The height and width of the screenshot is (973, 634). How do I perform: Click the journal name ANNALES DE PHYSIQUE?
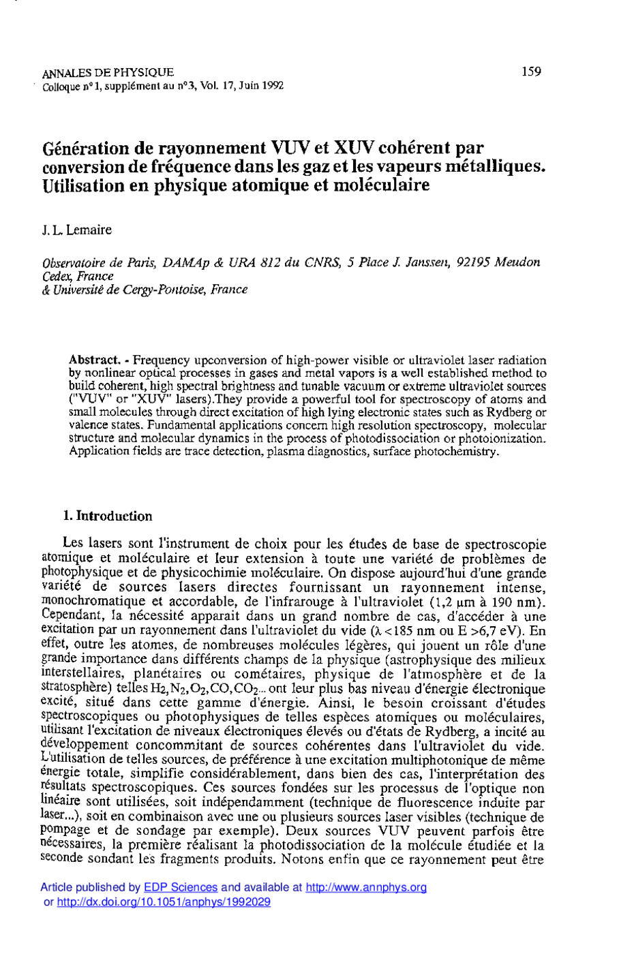[x=108, y=73]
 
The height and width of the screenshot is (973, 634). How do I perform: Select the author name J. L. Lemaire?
[x=77, y=230]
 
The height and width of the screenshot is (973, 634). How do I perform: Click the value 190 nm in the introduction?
[x=519, y=602]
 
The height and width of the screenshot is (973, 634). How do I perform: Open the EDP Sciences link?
[x=181, y=888]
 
